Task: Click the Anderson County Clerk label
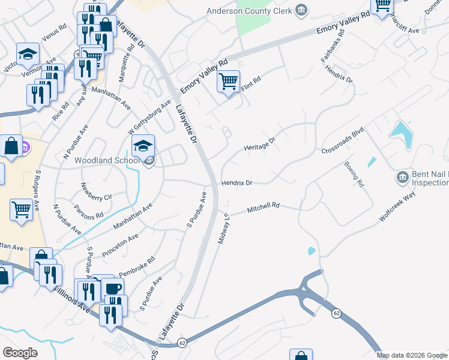250,11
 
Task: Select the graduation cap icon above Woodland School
143,146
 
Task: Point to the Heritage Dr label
259,144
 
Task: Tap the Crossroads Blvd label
343,140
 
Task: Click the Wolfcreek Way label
397,208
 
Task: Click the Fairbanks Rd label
330,53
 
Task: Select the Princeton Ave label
120,245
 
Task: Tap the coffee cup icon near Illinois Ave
113,287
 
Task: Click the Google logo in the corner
20,353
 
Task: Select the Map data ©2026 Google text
411,355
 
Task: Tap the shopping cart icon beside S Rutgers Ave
22,210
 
